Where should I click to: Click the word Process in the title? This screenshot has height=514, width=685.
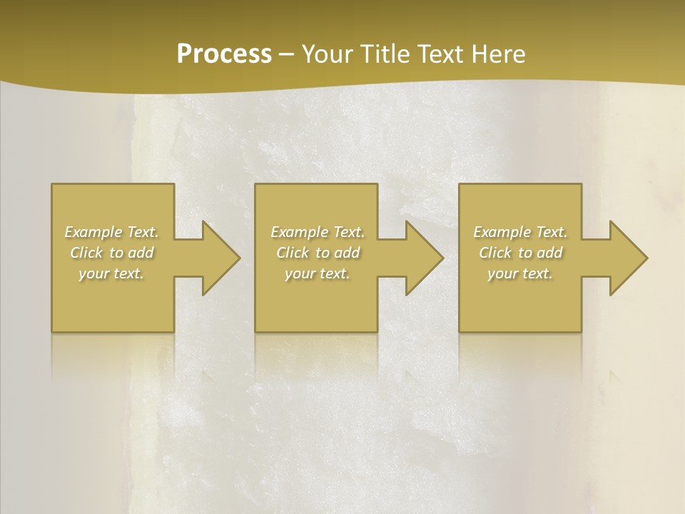(x=224, y=54)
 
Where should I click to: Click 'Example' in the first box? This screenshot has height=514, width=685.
(x=93, y=232)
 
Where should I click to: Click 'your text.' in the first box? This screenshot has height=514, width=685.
(x=111, y=273)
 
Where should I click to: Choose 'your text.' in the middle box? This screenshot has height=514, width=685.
(x=318, y=273)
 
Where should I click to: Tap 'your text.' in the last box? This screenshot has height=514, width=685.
(x=520, y=273)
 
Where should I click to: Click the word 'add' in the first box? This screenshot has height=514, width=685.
(x=141, y=253)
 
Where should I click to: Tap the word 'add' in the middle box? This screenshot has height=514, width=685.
(x=347, y=253)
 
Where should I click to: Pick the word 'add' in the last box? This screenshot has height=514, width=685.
(x=550, y=253)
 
